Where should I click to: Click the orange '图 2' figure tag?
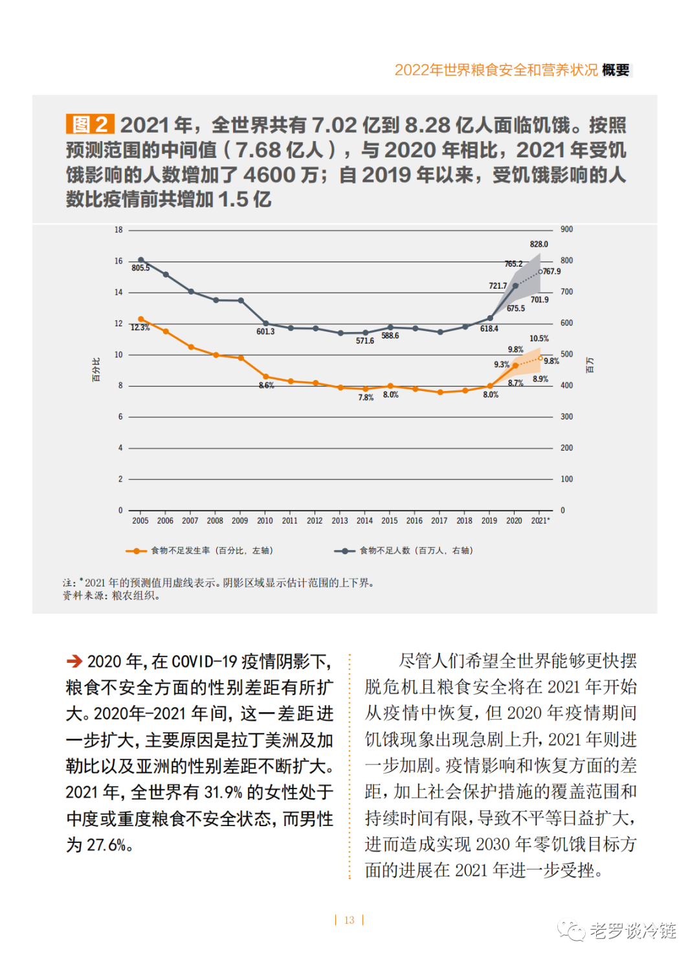coord(90,124)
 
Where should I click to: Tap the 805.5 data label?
coord(140,268)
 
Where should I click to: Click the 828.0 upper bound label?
coord(538,244)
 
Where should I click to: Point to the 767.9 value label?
coord(552,271)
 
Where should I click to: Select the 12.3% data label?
coord(140,328)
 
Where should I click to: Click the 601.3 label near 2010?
coord(265,331)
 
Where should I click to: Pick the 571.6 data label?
coord(365,341)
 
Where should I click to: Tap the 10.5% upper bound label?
coord(538,339)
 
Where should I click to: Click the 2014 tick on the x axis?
coord(364,520)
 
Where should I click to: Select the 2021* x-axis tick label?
coord(540,520)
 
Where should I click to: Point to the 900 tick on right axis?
coord(566,229)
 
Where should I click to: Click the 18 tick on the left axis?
coord(118,230)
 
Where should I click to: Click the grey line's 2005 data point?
coord(141,260)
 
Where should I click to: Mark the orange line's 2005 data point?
coord(141,319)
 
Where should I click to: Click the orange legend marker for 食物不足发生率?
coord(136,551)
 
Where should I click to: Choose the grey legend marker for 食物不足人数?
coord(344,551)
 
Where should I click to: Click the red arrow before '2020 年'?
coord(74,661)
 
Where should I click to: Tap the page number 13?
coord(349,920)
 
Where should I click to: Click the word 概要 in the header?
coord(616,70)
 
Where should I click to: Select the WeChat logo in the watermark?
coord(571,931)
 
